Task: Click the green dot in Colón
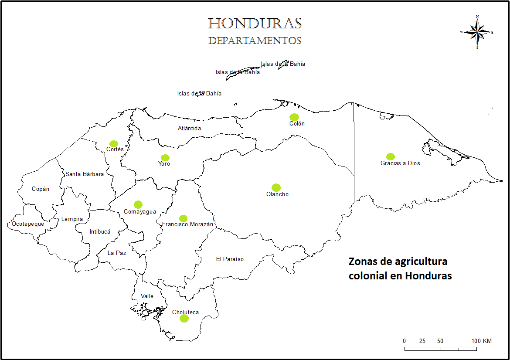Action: click(x=294, y=117)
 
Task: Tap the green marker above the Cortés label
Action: click(x=114, y=143)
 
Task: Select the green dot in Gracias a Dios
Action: click(x=390, y=156)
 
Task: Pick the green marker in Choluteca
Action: click(x=184, y=319)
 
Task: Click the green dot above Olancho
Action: click(x=275, y=187)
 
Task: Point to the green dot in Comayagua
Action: click(x=138, y=204)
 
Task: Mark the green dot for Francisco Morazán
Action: click(x=183, y=218)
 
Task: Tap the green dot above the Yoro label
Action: click(x=165, y=157)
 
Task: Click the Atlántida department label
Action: click(x=189, y=128)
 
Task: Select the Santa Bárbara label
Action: click(x=85, y=174)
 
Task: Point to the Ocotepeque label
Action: click(x=28, y=224)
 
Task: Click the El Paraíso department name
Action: click(x=230, y=259)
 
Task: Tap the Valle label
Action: click(x=147, y=296)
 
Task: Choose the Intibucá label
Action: click(x=100, y=232)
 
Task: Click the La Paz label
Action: click(x=117, y=253)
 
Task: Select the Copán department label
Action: click(x=41, y=189)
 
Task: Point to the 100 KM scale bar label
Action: click(x=481, y=341)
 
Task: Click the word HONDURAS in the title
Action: click(x=255, y=24)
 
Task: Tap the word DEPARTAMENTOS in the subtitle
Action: click(x=255, y=41)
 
